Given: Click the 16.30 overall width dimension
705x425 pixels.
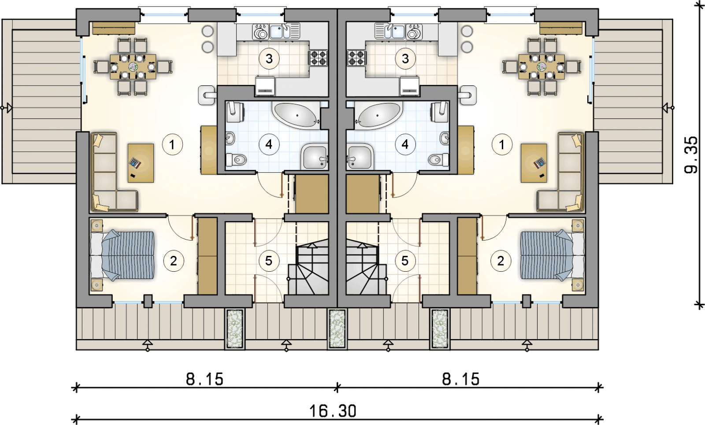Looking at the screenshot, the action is pyautogui.click(x=333, y=411).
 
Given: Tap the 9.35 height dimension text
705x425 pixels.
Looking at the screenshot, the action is pyautogui.click(x=691, y=155).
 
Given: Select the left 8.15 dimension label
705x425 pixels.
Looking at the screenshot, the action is pyautogui.click(x=204, y=379).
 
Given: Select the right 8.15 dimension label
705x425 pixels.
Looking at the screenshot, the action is pyautogui.click(x=461, y=379).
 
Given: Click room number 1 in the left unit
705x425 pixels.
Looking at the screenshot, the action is pyautogui.click(x=172, y=145).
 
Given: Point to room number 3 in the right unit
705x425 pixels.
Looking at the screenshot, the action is pyautogui.click(x=405, y=59).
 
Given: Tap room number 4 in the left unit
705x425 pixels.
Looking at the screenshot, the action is pyautogui.click(x=269, y=144).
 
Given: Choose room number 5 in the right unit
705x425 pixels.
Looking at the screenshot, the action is pyautogui.click(x=405, y=261).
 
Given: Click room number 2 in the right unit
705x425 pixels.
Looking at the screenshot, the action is pyautogui.click(x=501, y=261).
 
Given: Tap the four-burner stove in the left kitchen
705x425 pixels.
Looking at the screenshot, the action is pyautogui.click(x=318, y=58).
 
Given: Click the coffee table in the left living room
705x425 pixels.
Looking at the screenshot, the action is pyautogui.click(x=141, y=163).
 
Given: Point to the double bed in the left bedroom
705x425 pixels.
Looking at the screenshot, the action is pyautogui.click(x=122, y=255).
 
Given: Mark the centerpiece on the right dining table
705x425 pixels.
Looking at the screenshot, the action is pyautogui.click(x=542, y=67).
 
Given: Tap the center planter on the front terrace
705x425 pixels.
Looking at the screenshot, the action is pyautogui.click(x=337, y=329).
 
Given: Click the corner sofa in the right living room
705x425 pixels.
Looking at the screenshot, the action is pyautogui.click(x=560, y=172).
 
